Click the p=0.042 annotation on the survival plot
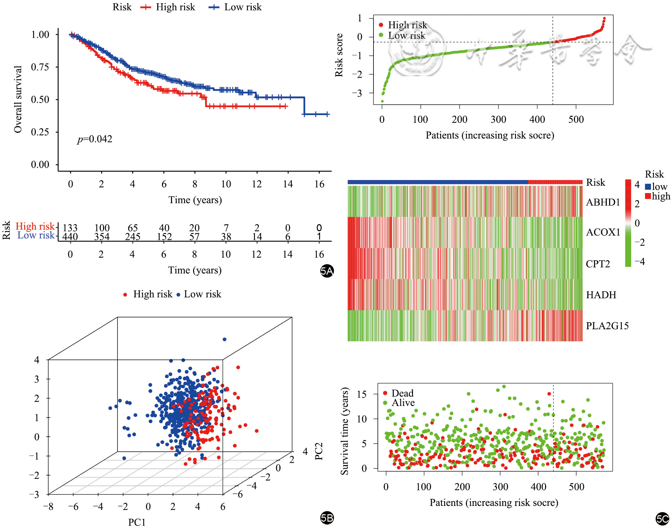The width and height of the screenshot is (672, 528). coord(95,139)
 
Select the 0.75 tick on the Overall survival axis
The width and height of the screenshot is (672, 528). coord(40,67)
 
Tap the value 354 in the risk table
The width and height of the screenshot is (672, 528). coord(102,237)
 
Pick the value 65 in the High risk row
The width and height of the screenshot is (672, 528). coord(133,228)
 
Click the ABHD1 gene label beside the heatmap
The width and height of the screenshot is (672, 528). coord(603,202)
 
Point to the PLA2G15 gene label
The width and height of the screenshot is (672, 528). coord(607,326)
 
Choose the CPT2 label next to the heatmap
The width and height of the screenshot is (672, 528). coord(598,264)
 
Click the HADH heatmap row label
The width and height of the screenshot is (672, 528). coord(601,295)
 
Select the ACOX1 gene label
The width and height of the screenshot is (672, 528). coord(603,232)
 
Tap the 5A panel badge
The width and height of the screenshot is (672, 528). coord(327,271)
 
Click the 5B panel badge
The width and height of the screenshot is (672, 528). coord(327,518)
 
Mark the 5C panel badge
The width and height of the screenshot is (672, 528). coord(662,519)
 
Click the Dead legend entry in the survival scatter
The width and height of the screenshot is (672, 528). coord(402,393)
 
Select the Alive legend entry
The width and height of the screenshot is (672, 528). coord(403,403)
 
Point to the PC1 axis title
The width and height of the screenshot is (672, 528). coord(137,522)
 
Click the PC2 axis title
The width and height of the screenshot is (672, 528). coord(319,451)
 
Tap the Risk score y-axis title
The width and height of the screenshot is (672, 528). coord(339,55)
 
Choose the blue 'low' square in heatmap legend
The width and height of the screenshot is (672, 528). coord(648,187)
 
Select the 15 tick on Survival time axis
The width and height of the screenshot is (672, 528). coord(362,394)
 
